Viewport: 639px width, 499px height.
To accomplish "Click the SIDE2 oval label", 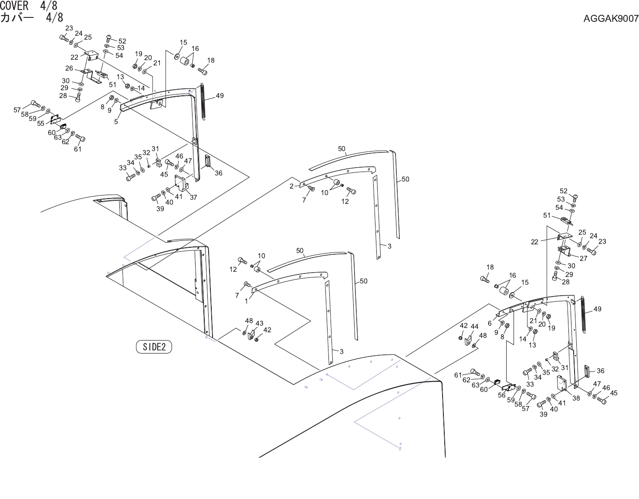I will pyautogui.click(x=154, y=347).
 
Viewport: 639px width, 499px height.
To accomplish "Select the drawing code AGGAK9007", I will pyautogui.click(x=611, y=18).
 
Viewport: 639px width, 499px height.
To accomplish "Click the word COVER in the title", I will pyautogui.click(x=14, y=6).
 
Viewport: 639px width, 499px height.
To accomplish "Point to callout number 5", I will pyautogui.click(x=116, y=122).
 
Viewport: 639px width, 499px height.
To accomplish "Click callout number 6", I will pyautogui.click(x=490, y=324).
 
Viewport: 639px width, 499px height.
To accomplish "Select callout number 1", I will pyautogui.click(x=246, y=300).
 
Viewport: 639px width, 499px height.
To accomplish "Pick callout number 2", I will pyautogui.click(x=291, y=186).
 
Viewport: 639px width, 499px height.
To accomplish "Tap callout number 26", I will pyautogui.click(x=69, y=68).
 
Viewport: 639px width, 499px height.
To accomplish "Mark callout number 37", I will pyautogui.click(x=193, y=197).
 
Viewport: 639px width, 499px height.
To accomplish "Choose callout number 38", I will pyautogui.click(x=576, y=398).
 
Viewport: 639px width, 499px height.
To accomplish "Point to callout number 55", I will pyautogui.click(x=41, y=123).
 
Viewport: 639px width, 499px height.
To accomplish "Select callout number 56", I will pyautogui.click(x=502, y=395).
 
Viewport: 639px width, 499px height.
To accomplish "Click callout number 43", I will pyautogui.click(x=259, y=324).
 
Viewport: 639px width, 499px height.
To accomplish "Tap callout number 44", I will pyautogui.click(x=474, y=327).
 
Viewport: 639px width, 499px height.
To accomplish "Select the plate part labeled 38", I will pyautogui.click(x=562, y=384).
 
